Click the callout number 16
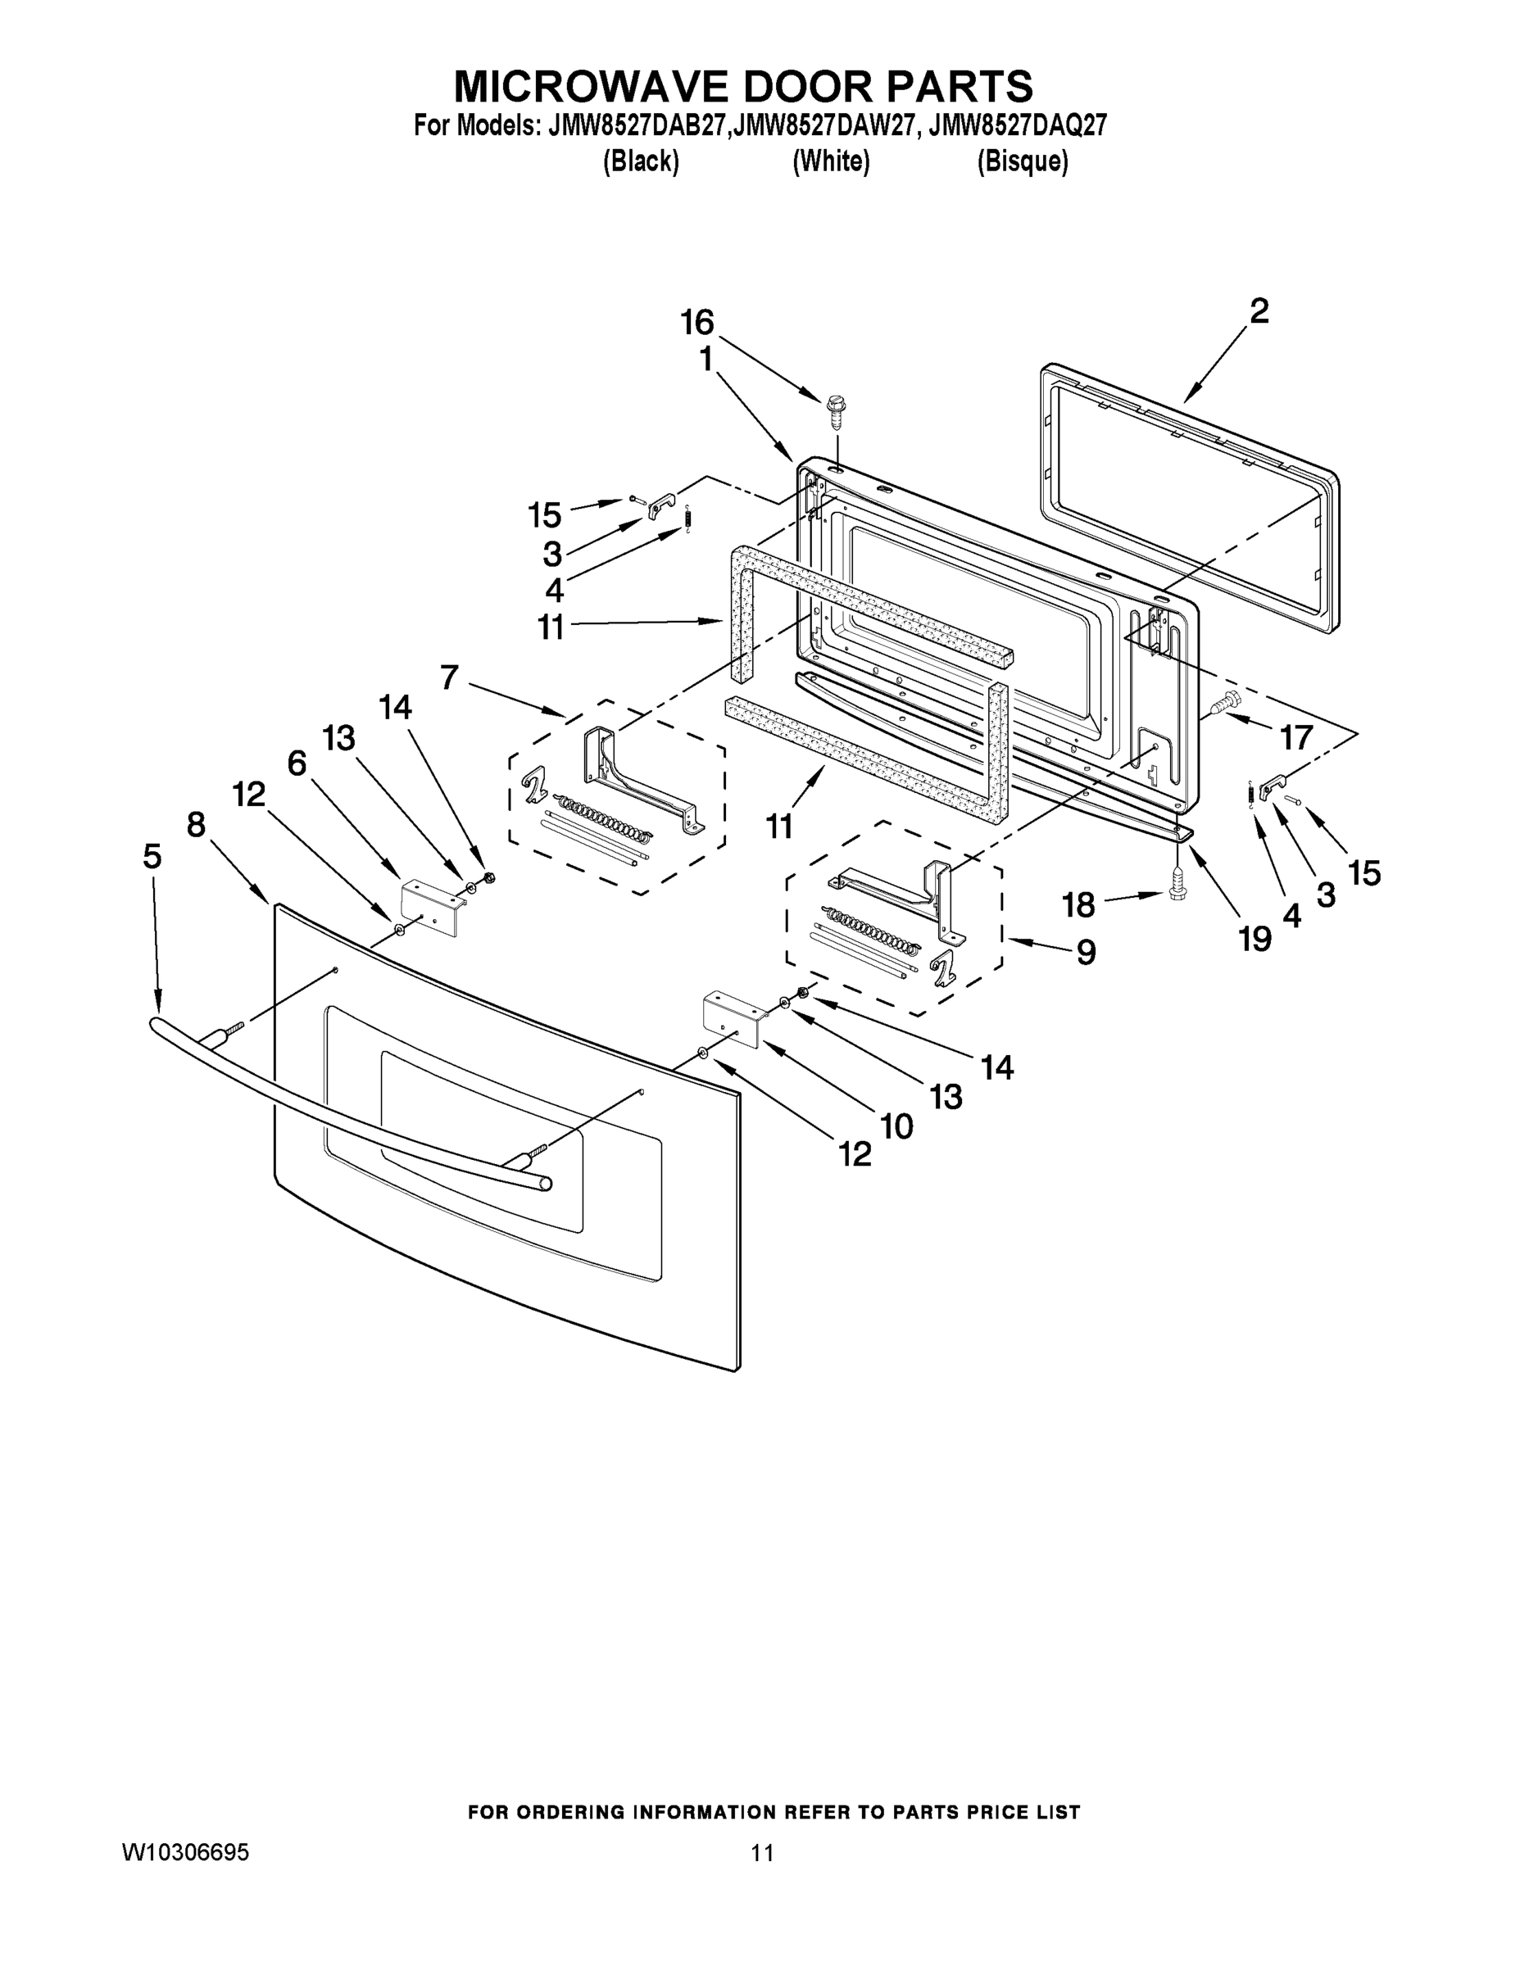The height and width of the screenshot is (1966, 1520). [x=697, y=321]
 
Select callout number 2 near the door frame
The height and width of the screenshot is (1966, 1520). [x=1259, y=311]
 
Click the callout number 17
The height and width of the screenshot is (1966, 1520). [x=1296, y=737]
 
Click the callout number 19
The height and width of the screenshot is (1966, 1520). [x=1255, y=939]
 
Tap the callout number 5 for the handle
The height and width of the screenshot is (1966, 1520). [x=152, y=856]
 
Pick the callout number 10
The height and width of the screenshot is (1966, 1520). [x=898, y=1125]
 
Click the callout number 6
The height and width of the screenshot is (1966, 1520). [x=297, y=763]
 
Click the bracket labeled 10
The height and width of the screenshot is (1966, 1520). [x=732, y=1018]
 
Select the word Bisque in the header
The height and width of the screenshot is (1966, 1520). [x=1022, y=162]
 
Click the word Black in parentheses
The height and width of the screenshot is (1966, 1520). [x=640, y=162]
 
